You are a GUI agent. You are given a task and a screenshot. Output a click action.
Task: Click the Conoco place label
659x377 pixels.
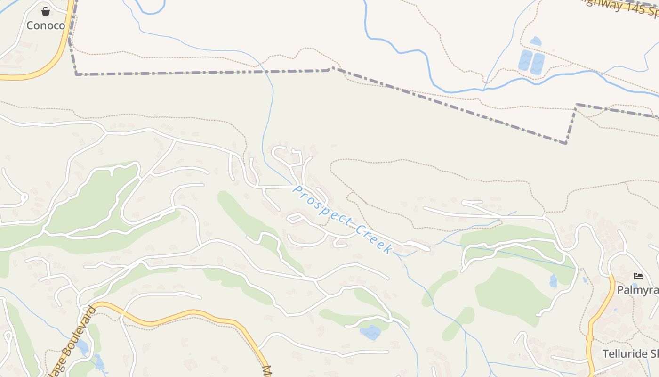[46, 25]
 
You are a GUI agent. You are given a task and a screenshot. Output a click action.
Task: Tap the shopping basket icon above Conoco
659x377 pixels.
[46, 11]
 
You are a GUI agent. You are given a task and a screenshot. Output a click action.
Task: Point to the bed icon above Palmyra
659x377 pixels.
[638, 276]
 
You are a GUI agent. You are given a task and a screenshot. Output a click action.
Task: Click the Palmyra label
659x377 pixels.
[638, 290]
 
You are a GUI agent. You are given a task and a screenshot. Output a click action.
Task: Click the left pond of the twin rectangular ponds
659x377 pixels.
[525, 61]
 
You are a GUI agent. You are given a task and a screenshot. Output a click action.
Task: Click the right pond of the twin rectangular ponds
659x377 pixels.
[537, 64]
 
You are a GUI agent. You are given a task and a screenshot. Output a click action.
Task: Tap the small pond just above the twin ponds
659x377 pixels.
[536, 41]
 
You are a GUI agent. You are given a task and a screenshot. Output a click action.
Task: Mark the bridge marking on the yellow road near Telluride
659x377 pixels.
[590, 337]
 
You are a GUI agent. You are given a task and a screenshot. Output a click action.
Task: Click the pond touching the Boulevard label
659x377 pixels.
[82, 347]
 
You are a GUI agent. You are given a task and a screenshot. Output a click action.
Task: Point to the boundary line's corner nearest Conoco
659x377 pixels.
[77, 74]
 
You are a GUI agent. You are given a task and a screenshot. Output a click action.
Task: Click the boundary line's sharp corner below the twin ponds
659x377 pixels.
[566, 143]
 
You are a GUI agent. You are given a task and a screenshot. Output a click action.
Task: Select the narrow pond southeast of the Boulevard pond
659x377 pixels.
[99, 362]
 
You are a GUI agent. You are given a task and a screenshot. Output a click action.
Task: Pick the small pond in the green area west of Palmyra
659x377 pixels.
[553, 281]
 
